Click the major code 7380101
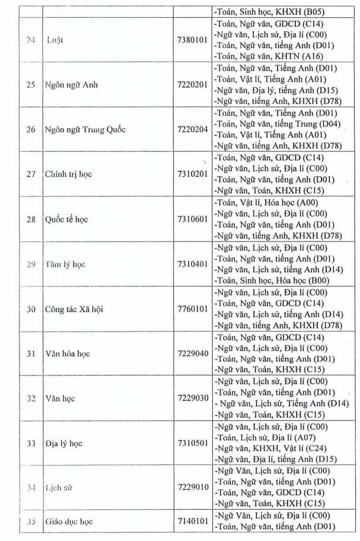[192, 40]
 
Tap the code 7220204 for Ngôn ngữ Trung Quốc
[192, 130]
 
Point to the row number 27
[30, 174]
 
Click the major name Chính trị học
[67, 174]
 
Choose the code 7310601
[192, 219]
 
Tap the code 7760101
[192, 309]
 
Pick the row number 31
[30, 354]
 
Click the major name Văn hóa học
[67, 354]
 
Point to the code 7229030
[192, 398]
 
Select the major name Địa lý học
[63, 443]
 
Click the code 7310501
[192, 443]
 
